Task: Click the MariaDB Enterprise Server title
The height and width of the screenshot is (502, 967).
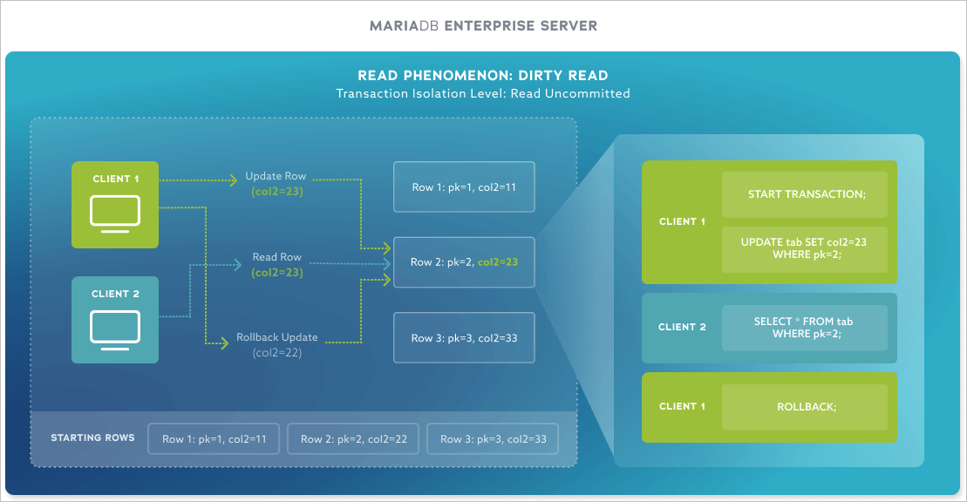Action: [483, 25]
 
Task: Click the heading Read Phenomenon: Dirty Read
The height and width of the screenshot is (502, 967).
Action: [483, 76]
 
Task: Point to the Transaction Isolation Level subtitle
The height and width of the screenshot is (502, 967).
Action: [483, 93]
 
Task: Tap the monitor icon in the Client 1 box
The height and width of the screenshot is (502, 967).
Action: [115, 214]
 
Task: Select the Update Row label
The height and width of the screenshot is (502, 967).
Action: [276, 176]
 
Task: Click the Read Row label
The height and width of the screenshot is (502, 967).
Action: [277, 257]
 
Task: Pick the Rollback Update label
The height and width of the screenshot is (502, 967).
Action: [277, 337]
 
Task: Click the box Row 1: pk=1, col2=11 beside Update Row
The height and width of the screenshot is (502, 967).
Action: [464, 187]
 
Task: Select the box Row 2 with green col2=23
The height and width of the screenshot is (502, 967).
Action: [464, 262]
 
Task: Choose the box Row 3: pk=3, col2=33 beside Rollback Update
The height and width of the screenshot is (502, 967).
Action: [464, 337]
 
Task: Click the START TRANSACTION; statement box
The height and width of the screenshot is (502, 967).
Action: [804, 194]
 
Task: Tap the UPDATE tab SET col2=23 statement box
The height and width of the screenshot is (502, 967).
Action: [804, 248]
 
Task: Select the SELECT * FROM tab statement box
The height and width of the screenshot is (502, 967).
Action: [804, 328]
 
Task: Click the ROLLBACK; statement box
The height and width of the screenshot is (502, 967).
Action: [804, 406]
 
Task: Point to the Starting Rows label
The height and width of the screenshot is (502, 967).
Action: [93, 438]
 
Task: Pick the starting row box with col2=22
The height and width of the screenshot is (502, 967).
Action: [353, 439]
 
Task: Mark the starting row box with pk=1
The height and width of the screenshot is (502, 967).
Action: [214, 439]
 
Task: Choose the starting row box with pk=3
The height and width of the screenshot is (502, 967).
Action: [493, 439]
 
